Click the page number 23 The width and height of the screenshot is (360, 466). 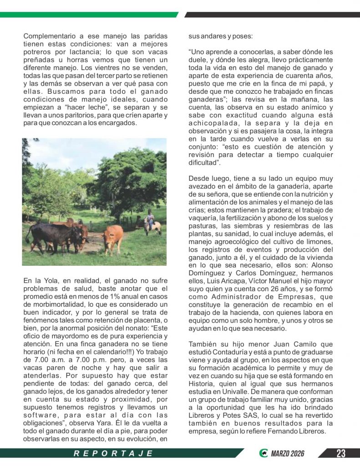pos(341,453)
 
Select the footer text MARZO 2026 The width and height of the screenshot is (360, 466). pos(288,453)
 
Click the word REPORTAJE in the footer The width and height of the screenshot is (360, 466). pos(113,453)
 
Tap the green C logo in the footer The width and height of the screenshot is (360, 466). pos(263,453)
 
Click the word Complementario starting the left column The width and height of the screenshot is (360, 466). pos(50,36)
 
